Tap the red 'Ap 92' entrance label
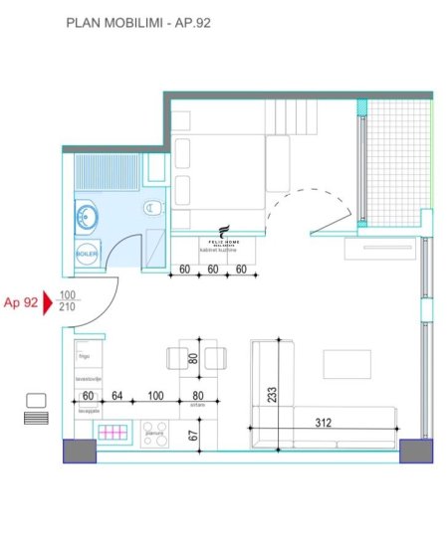pyautogui.click(x=21, y=303)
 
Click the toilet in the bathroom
pyautogui.click(x=152, y=208)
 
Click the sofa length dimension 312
pyautogui.click(x=324, y=422)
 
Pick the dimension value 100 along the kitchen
pyautogui.click(x=154, y=397)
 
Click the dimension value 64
pyautogui.click(x=115, y=397)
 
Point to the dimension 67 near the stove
pyautogui.click(x=193, y=434)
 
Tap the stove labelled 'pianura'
pyautogui.click(x=154, y=436)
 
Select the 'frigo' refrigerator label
pyautogui.click(x=84, y=351)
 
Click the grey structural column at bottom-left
pyautogui.click(x=79, y=452)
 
